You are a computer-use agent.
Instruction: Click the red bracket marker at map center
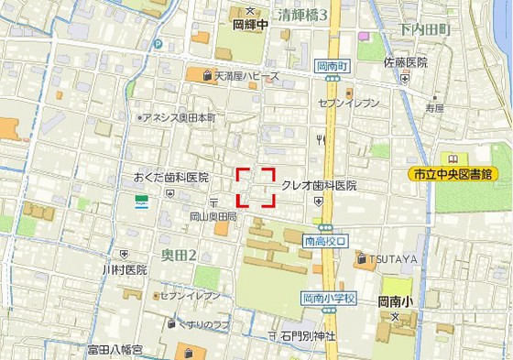click(x=256, y=187)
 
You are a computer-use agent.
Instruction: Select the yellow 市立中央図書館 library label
click(x=460, y=173)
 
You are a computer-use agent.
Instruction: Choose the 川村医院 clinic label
click(x=125, y=270)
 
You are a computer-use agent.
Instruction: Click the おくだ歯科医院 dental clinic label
click(x=170, y=178)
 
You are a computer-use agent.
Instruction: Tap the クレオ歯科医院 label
click(x=318, y=185)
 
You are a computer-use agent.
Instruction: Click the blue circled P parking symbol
click(x=158, y=43)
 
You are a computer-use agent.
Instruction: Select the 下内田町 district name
click(x=425, y=29)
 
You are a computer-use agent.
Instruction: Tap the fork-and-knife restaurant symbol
click(x=321, y=139)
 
